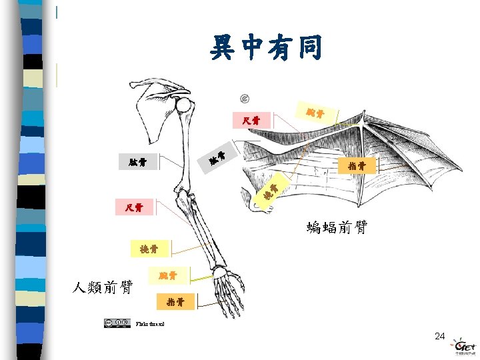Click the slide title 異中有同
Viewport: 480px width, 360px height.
267,48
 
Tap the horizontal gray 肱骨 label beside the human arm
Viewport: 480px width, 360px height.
138,162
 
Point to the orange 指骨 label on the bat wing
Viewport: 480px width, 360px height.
357,165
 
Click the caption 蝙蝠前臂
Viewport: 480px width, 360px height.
337,229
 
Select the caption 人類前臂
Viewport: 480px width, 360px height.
103,287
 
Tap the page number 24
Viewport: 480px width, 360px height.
439,336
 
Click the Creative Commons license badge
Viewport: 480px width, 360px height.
116,323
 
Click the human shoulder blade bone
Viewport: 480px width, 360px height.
153,113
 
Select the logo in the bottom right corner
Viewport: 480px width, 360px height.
463,347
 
